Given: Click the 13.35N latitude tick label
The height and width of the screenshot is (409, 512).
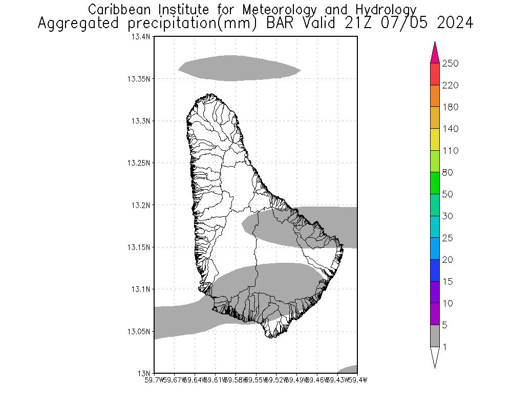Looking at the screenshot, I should coord(139,79).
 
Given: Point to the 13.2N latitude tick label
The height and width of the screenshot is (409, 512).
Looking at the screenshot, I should coord(141,205).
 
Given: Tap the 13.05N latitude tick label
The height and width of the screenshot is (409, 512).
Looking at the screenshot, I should coord(139,331).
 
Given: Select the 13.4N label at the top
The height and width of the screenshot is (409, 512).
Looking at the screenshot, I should coord(141,37).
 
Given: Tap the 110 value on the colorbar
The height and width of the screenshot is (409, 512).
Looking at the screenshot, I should coord(450,151).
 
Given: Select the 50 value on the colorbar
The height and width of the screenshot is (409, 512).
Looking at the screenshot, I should coord(447,194).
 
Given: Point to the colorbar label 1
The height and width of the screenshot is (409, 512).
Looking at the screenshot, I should coord(445,347).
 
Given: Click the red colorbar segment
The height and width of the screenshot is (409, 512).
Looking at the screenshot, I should coord(435,74).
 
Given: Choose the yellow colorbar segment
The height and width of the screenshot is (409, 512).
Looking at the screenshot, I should coord(435,140).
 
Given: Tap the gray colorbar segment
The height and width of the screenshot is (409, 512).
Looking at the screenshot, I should coord(435,336).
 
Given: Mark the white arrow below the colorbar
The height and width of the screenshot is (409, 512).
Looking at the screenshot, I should coord(435,356).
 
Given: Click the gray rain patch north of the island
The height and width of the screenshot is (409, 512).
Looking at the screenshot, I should coord(238,68).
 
